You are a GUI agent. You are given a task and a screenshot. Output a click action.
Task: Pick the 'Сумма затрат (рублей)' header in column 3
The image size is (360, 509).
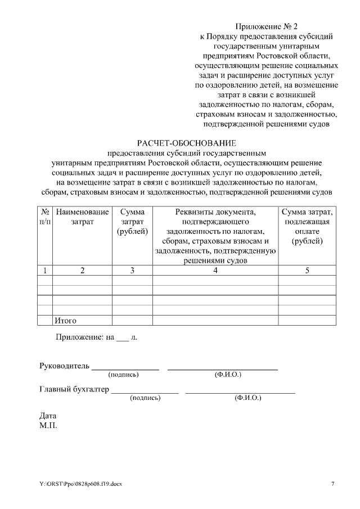point(132,222)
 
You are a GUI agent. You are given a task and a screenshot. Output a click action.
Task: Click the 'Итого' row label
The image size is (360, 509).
point(65,321)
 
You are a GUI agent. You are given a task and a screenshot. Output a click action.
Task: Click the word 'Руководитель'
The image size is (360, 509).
point(64,366)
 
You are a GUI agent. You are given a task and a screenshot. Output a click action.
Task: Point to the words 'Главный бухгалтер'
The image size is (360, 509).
point(74,389)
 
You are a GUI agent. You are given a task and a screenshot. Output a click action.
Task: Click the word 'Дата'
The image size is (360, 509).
point(48,416)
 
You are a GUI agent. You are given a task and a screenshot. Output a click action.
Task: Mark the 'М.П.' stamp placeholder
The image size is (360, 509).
point(48,425)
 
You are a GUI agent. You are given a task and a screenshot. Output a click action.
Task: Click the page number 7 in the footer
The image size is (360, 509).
point(332,484)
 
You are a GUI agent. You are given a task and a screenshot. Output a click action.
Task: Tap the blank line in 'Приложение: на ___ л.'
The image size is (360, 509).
point(122,338)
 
